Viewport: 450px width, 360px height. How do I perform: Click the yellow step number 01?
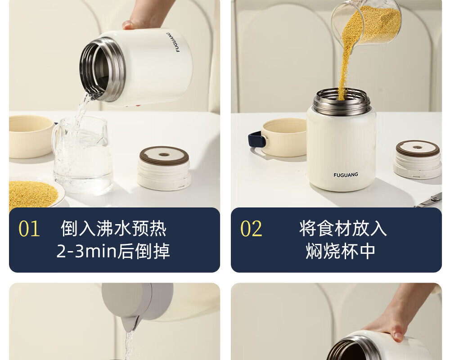pyautogui.click(x=29, y=229)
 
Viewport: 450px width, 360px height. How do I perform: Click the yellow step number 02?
pyautogui.click(x=251, y=229)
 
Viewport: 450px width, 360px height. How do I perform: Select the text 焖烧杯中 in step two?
pyautogui.click(x=340, y=251)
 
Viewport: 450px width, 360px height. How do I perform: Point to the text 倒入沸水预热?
pyautogui.click(x=114, y=229)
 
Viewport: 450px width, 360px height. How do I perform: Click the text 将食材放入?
pyautogui.click(x=343, y=229)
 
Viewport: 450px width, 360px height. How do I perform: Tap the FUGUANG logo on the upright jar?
pyautogui.click(x=346, y=175)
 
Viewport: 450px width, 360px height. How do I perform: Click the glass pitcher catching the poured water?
pyautogui.click(x=82, y=155)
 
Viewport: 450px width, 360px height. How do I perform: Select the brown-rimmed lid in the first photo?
pyautogui.click(x=164, y=168)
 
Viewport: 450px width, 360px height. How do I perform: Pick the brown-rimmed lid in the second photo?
pyautogui.click(x=418, y=159)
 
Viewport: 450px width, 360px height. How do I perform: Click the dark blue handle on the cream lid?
pyautogui.click(x=256, y=140)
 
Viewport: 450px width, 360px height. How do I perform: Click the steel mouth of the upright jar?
pyautogui.click(x=341, y=102)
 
